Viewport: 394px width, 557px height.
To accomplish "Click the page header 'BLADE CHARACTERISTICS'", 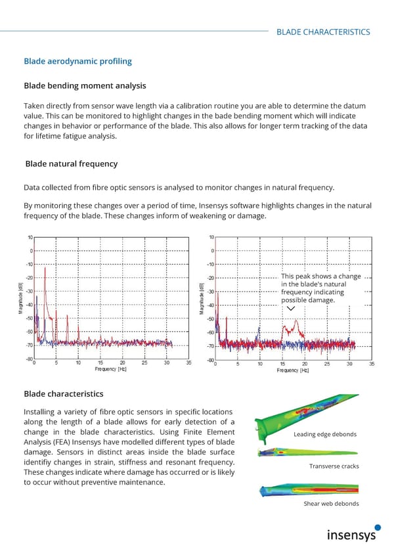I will coord(322,32).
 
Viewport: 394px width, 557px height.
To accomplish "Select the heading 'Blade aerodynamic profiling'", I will coord(77,61).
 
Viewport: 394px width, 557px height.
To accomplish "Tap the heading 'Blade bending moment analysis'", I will coord(85,85).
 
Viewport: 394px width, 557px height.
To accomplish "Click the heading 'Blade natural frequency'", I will coord(71,164).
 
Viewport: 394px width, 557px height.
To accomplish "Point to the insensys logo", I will coord(352,535).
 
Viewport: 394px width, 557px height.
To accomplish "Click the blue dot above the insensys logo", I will coord(377,527).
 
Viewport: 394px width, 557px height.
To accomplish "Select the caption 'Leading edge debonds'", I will coord(325,434).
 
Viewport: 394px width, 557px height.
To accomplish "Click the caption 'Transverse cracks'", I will coord(334,466).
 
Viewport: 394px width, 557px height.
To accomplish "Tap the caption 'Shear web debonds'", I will coord(331,504).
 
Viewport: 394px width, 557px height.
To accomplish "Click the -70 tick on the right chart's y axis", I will coord(210,345).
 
